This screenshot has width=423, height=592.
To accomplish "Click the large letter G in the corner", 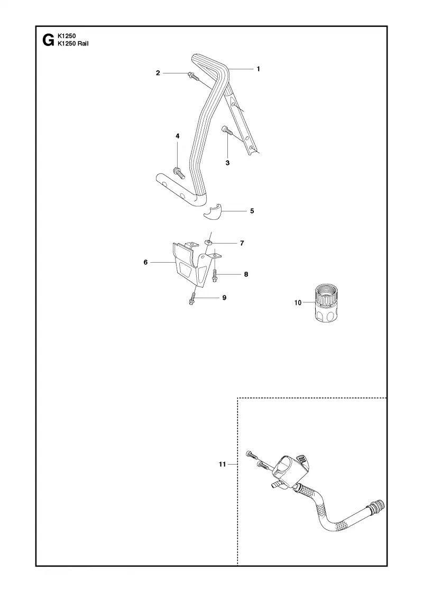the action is (48, 40).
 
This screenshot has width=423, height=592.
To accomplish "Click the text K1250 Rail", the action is (73, 43).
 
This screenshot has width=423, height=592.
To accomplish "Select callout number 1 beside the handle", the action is (259, 69).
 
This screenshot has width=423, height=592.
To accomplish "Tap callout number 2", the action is (158, 73).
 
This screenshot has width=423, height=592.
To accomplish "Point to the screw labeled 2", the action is (192, 76).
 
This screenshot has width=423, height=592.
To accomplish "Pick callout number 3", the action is (227, 163).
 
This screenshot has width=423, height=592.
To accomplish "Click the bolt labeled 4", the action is (178, 172).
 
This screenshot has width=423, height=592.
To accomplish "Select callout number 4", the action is (177, 135).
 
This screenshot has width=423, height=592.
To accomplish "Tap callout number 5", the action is (252, 211).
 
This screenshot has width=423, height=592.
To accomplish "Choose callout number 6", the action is (145, 262).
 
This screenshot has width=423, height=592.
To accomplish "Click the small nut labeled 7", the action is (207, 243).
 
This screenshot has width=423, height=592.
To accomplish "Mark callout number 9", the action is (224, 298).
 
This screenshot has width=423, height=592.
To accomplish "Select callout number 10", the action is (298, 302).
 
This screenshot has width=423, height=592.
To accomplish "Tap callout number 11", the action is (222, 464).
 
